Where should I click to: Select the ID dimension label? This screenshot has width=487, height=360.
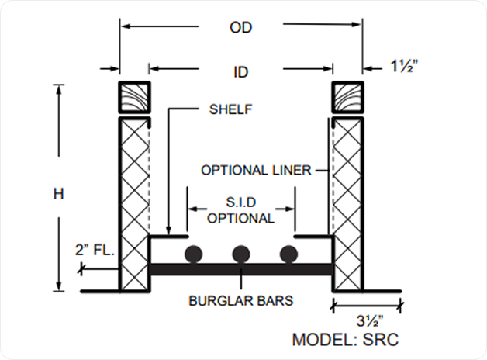click(240, 71)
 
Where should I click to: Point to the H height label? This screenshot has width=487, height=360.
click(58, 195)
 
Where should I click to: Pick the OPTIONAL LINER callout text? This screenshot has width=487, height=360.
click(256, 169)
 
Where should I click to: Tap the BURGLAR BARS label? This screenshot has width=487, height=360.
click(241, 300)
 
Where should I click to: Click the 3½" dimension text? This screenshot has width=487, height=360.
click(368, 318)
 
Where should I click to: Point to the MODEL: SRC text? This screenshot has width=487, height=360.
click(345, 339)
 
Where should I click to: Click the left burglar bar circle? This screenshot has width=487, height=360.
click(193, 254)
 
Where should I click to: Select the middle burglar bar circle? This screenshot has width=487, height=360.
click(241, 254)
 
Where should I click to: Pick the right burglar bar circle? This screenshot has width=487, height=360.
click(289, 254)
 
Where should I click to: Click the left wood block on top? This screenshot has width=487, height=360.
click(133, 96)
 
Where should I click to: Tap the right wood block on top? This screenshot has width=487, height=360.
click(348, 96)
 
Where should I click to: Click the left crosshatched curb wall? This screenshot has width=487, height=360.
click(133, 202)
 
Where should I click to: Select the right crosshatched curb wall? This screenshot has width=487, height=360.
click(348, 202)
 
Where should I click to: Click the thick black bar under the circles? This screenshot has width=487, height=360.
click(241, 270)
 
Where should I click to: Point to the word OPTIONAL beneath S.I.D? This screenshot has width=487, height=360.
click(241, 219)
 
